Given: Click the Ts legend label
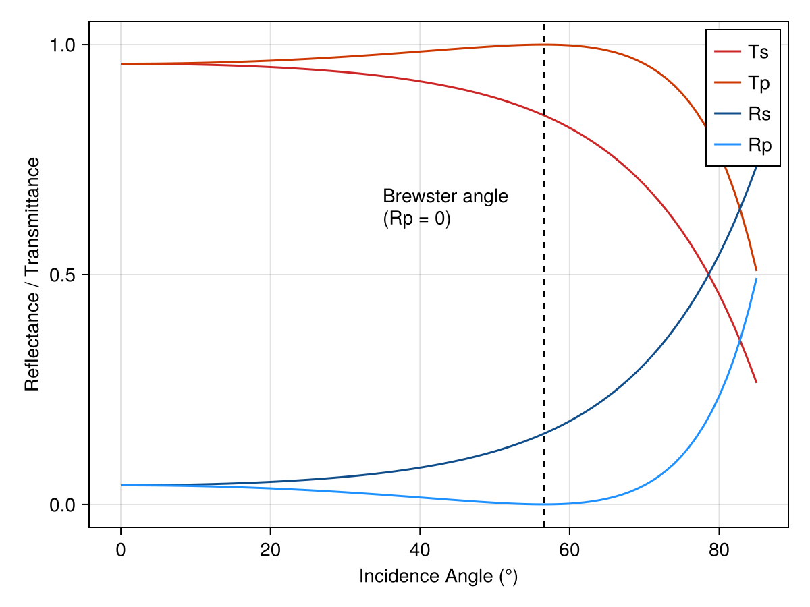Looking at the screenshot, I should (x=758, y=52).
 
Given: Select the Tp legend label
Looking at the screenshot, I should (x=759, y=83).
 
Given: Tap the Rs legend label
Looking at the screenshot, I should (x=759, y=114).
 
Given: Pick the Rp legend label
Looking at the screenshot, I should (x=759, y=145).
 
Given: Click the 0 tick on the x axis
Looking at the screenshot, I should (x=121, y=550).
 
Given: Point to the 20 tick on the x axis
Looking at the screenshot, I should (x=270, y=550).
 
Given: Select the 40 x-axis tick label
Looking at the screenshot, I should (x=420, y=550).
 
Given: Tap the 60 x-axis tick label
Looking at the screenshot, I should (x=569, y=550).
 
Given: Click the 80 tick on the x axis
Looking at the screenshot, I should (x=719, y=550).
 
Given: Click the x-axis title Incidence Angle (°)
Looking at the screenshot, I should (x=438, y=577).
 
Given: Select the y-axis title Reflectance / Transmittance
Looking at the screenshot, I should (x=32, y=274).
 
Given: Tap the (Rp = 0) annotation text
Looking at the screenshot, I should (x=416, y=219).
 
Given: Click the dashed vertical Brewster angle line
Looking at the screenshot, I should (x=544, y=303).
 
